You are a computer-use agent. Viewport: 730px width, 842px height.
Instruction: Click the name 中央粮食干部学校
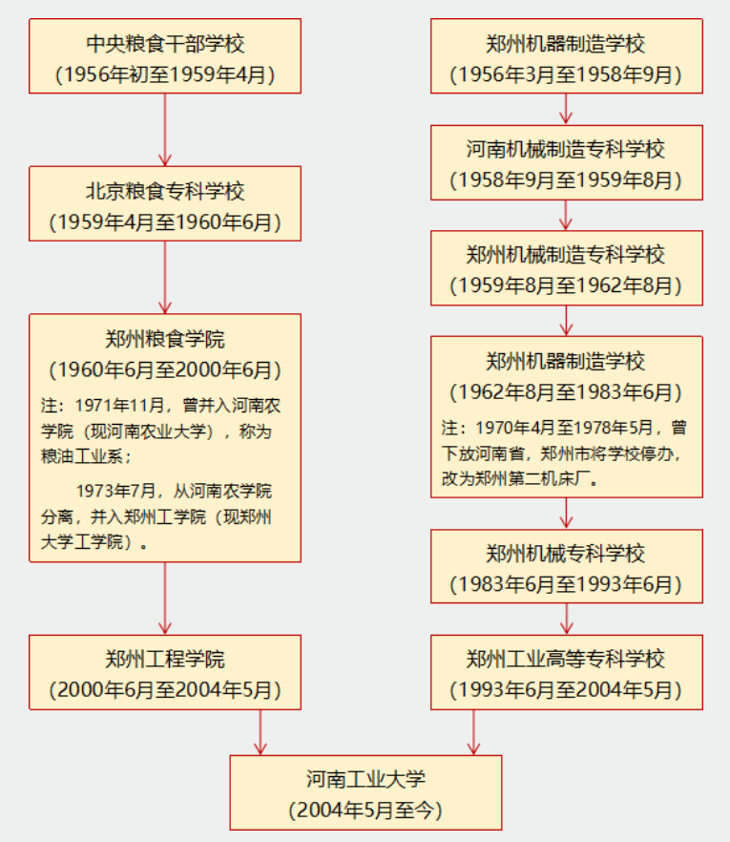pyautogui.click(x=165, y=43)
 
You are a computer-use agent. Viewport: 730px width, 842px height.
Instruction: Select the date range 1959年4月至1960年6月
pyautogui.click(x=165, y=223)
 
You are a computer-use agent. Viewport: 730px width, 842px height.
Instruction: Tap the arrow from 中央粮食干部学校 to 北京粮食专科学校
pyautogui.click(x=165, y=130)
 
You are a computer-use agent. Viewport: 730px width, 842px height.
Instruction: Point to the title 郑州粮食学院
pyautogui.click(x=165, y=338)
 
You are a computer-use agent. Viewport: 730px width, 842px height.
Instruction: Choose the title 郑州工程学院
pyautogui.click(x=165, y=659)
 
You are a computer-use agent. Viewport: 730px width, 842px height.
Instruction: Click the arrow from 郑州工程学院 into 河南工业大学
pyautogui.click(x=260, y=732)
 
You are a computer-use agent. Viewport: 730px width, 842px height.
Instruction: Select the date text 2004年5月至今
pyautogui.click(x=365, y=810)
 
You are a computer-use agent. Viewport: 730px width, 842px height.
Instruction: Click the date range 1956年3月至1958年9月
pyautogui.click(x=566, y=74)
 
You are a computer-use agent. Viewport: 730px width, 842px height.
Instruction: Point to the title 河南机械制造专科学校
pyautogui.click(x=566, y=150)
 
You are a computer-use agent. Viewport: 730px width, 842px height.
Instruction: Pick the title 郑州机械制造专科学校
pyautogui.click(x=566, y=255)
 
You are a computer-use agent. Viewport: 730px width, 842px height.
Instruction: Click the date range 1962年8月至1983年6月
pyautogui.click(x=566, y=391)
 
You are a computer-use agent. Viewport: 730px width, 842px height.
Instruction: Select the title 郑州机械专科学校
pyautogui.click(x=566, y=554)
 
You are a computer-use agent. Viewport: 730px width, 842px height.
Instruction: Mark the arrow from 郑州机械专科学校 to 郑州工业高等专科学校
pyautogui.click(x=566, y=619)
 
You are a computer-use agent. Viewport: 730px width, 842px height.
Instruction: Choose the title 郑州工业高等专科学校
pyautogui.click(x=566, y=659)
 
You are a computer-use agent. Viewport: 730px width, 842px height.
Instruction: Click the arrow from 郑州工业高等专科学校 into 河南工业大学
pyautogui.click(x=473, y=732)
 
